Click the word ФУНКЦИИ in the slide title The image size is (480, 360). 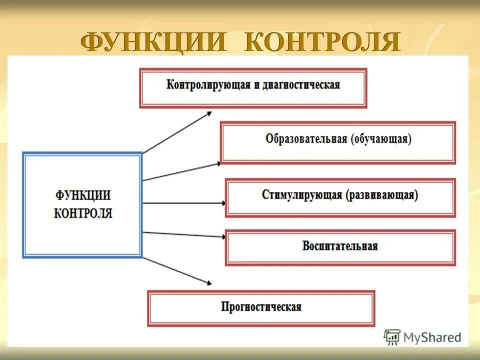point(154,42)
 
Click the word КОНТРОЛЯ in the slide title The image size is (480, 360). point(322,42)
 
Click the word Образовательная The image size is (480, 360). point(306,139)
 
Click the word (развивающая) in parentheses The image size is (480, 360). point(381,195)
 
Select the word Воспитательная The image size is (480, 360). point(340,246)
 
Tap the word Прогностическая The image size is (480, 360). point(261,306)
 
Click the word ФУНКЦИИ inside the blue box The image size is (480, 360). point(83,195)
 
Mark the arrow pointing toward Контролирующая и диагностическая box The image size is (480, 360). point(177,132)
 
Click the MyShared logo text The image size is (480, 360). point(432,337)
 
